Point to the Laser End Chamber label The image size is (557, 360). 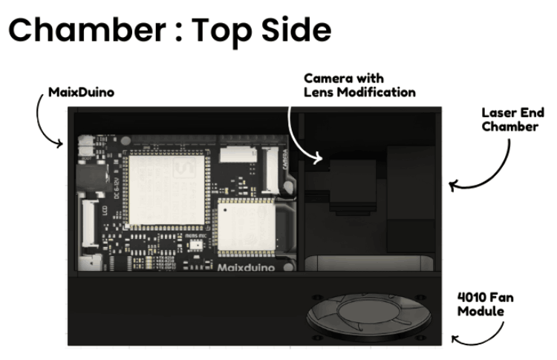coord(512,120)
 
